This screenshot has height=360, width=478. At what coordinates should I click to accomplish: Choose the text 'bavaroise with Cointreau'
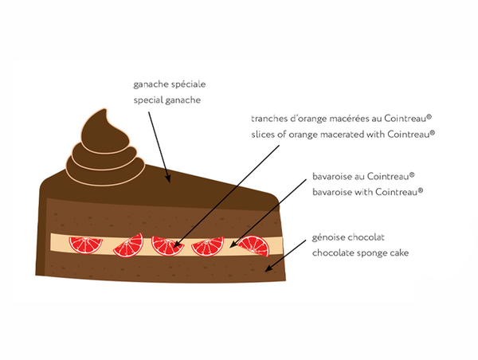pyautogui.click(x=366, y=191)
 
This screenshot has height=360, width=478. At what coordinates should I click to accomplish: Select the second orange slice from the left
pyautogui.click(x=127, y=247)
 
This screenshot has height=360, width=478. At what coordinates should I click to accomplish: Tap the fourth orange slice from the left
pyautogui.click(x=209, y=247)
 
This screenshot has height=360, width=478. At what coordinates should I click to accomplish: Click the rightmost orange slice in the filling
pyautogui.click(x=253, y=246)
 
